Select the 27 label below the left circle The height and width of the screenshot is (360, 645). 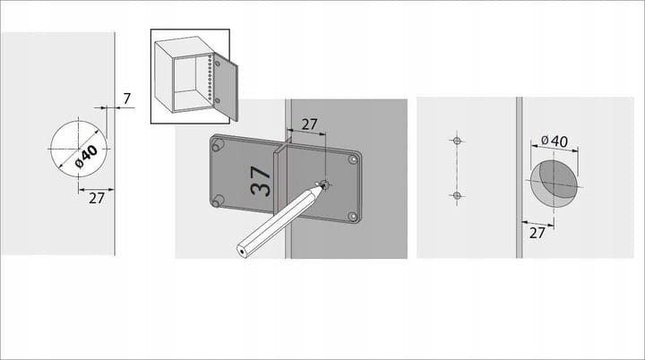pyautogui.click(x=97, y=199)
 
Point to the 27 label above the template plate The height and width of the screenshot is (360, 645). pyautogui.click(x=309, y=125)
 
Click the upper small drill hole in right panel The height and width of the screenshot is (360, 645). pyautogui.click(x=456, y=141)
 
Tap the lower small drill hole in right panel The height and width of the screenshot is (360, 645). pyautogui.click(x=456, y=195)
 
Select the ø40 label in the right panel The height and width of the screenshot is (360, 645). pyautogui.click(x=555, y=141)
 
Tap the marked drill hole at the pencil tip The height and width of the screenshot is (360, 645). pyautogui.click(x=325, y=185)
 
